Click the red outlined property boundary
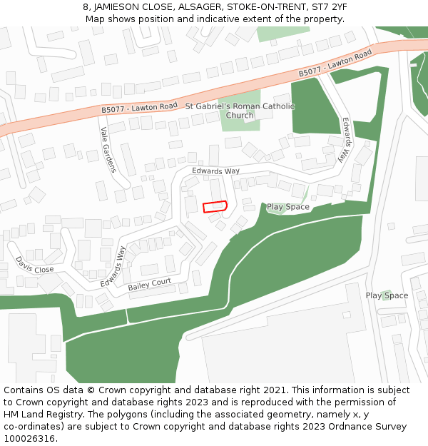point(215,206)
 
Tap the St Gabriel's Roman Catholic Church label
point(240,111)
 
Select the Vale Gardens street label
point(108,150)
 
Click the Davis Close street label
point(34,265)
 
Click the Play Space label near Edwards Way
point(288,207)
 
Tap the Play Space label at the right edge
point(387,295)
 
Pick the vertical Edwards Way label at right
point(347,139)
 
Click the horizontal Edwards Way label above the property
point(215,171)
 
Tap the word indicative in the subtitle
point(225,19)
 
